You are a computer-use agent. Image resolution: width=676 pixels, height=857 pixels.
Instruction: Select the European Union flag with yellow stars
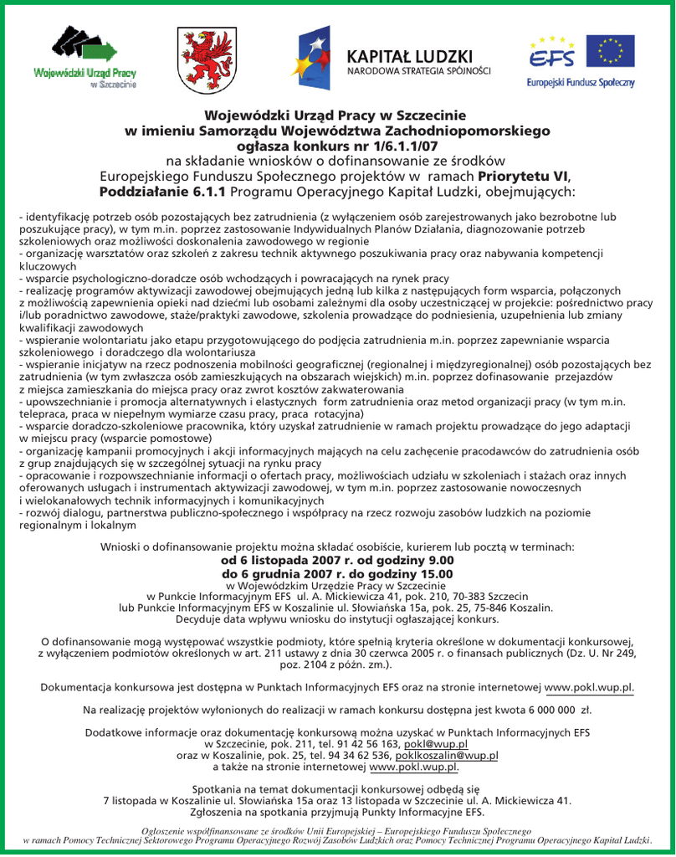pyautogui.click(x=610, y=52)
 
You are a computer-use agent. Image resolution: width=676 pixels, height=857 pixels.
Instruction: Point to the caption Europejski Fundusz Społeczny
pyautogui.click(x=581, y=83)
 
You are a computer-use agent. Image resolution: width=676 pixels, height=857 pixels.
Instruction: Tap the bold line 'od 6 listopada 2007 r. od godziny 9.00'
pyautogui.click(x=337, y=560)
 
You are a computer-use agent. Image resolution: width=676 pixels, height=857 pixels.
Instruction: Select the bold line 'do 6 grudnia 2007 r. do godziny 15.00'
pyautogui.click(x=337, y=573)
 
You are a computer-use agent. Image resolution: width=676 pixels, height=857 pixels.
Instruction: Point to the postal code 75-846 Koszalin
pyautogui.click(x=510, y=608)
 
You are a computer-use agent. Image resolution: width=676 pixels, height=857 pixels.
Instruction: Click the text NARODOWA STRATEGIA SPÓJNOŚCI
pyautogui.click(x=419, y=70)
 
